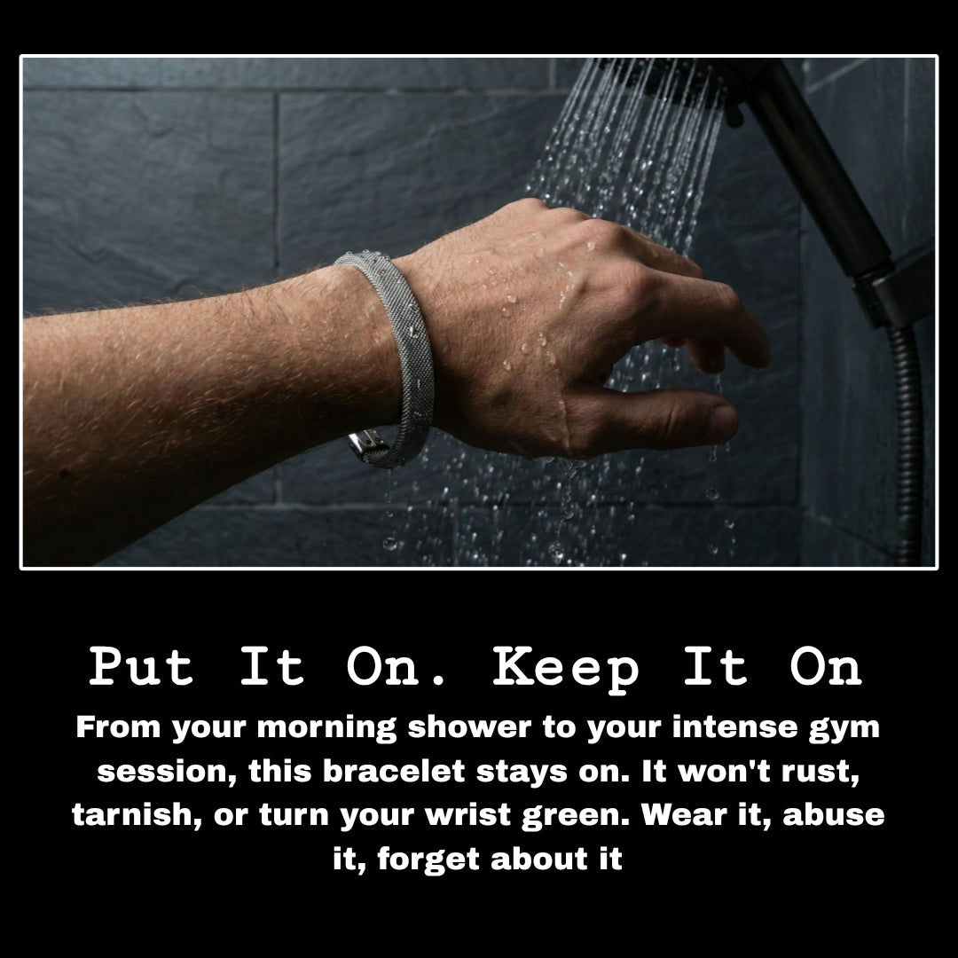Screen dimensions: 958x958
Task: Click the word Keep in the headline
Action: click(566, 667)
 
